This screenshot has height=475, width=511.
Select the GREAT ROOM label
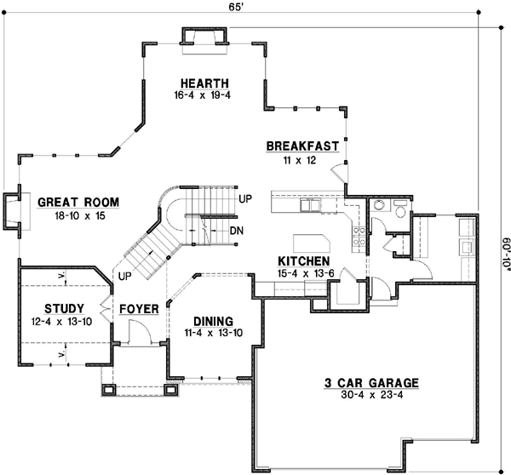pos(78,202)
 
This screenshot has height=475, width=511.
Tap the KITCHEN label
pos(302,260)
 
